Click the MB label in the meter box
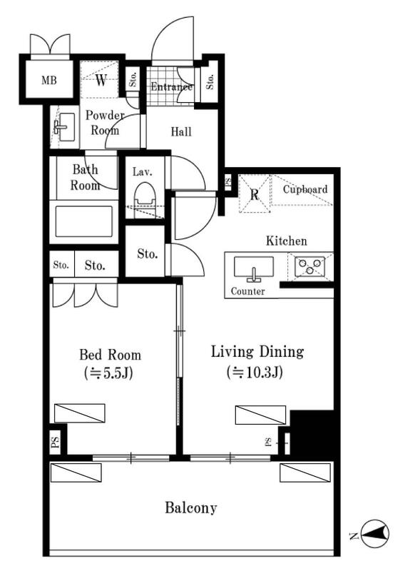(x=49, y=80)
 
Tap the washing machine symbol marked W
(x=100, y=79)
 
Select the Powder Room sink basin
(x=66, y=127)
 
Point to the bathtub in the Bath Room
(x=84, y=221)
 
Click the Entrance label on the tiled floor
(x=171, y=86)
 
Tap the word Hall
(x=181, y=131)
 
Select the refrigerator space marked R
(x=255, y=193)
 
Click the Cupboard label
(x=305, y=189)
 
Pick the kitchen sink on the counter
(x=254, y=268)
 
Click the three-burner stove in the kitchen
(x=309, y=266)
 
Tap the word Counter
(x=248, y=291)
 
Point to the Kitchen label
(x=287, y=241)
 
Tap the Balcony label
(x=190, y=507)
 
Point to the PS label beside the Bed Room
(x=56, y=442)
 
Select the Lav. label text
(x=143, y=171)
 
